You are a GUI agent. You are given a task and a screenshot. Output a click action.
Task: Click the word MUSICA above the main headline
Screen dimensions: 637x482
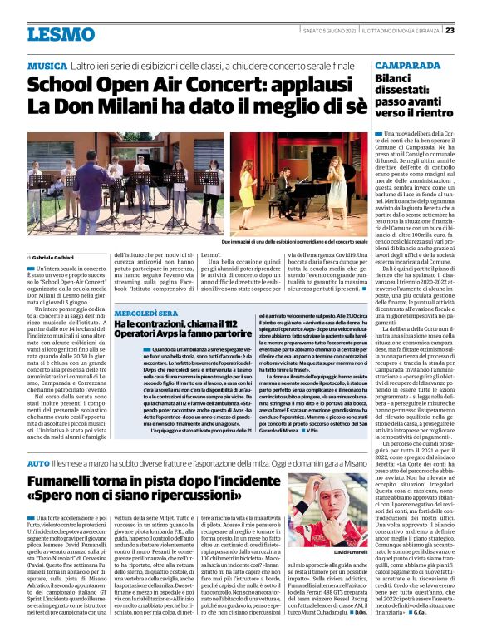(47, 65)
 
